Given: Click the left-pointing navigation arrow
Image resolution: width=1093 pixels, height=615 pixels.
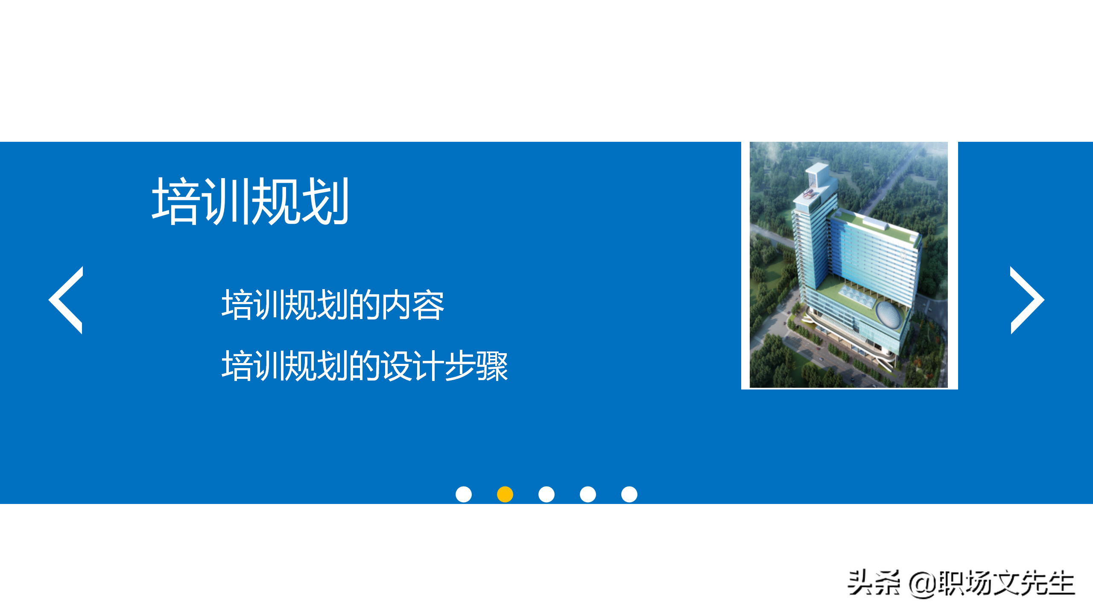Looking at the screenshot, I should pyautogui.click(x=66, y=300).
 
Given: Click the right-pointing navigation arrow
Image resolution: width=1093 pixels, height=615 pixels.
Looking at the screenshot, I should pyautogui.click(x=1026, y=300).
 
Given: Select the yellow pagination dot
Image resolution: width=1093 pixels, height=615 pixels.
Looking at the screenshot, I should pyautogui.click(x=505, y=494).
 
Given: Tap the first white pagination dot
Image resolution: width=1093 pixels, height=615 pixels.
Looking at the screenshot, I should pyautogui.click(x=463, y=494).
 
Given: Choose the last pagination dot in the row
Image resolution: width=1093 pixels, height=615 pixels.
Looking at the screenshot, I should pyautogui.click(x=629, y=494).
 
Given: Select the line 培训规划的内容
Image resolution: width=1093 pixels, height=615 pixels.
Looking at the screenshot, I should pyautogui.click(x=333, y=305).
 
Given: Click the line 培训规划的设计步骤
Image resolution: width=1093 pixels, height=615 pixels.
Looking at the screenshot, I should pyautogui.click(x=365, y=366).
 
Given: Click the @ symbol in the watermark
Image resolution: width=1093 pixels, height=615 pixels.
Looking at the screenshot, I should pyautogui.click(x=922, y=583).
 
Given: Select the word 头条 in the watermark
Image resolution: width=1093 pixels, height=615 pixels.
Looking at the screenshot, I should pyautogui.click(x=874, y=583).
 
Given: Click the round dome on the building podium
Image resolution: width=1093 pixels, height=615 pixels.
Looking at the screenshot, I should pyautogui.click(x=889, y=315).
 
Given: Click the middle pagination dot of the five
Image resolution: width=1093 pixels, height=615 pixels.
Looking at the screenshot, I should pyautogui.click(x=546, y=494).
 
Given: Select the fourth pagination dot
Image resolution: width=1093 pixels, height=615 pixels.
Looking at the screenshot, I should pyautogui.click(x=587, y=494).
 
